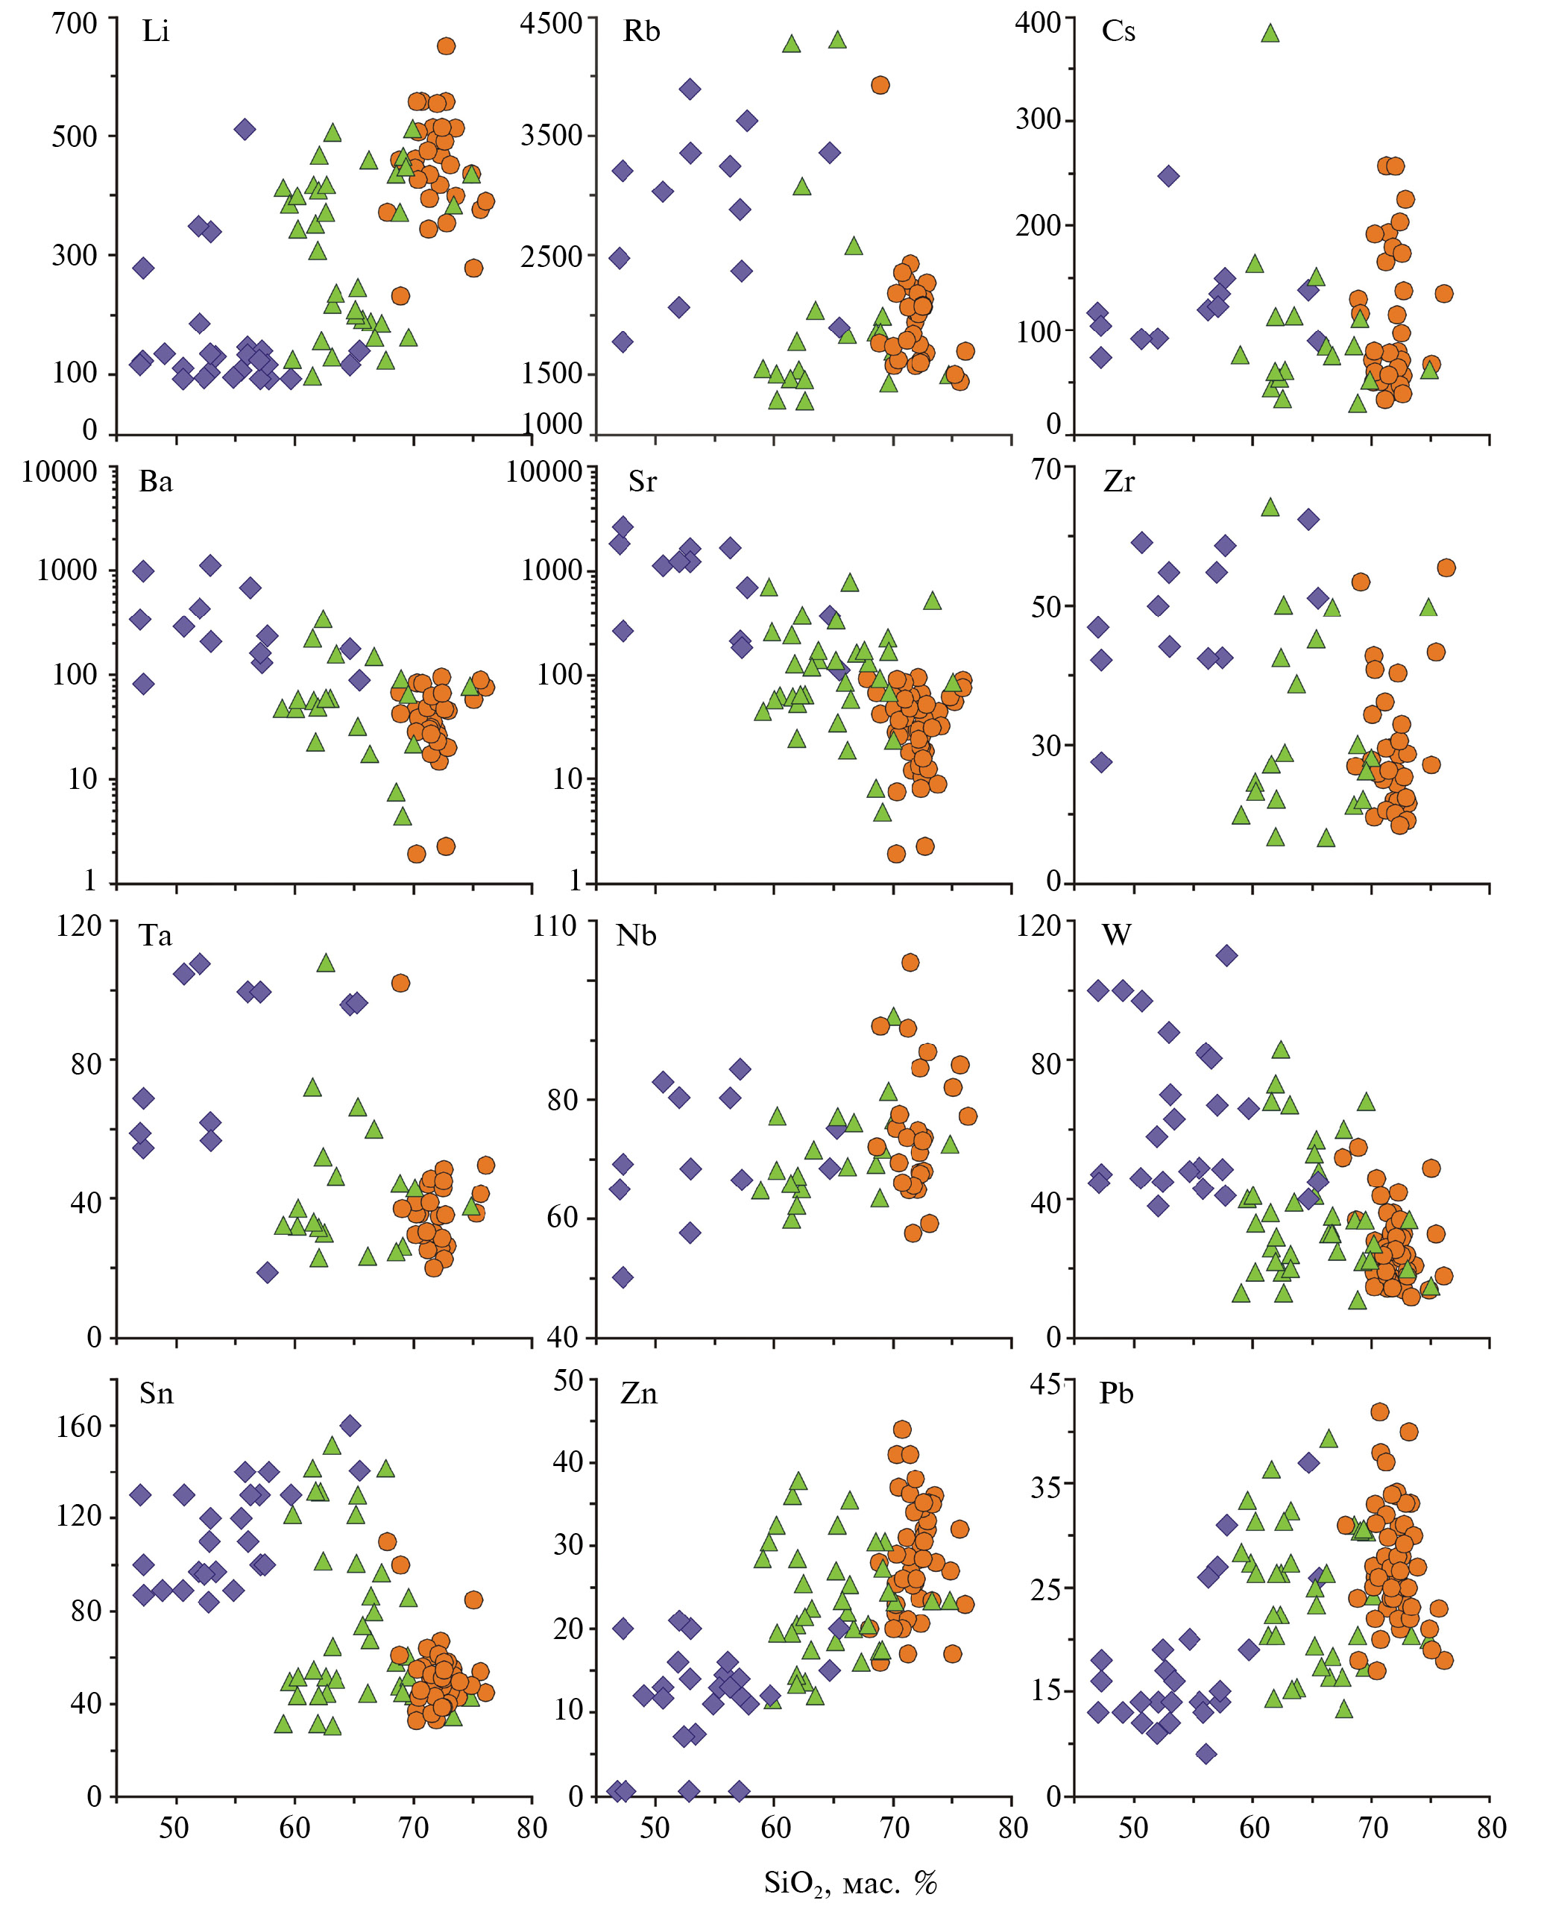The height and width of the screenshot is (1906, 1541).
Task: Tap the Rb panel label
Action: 641,32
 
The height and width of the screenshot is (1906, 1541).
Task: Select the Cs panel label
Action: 1118,32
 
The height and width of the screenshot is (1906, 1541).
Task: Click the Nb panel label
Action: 637,936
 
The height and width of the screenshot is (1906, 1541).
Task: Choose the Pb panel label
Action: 1116,1394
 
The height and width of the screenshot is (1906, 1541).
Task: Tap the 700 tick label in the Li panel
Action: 75,23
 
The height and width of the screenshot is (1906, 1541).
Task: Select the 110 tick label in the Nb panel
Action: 555,927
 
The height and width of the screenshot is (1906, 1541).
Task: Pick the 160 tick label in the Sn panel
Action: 79,1427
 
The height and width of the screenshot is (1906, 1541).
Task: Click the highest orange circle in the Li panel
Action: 447,46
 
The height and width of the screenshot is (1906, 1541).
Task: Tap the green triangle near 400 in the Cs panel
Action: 1270,34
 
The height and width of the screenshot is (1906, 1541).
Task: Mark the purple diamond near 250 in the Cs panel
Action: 1169,176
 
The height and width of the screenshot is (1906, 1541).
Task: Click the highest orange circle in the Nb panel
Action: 910,963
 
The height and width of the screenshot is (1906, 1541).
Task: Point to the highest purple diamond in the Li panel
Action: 245,130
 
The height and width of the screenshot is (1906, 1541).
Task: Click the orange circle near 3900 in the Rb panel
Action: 880,85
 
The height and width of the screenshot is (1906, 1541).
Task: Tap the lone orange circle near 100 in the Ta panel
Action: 400,983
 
